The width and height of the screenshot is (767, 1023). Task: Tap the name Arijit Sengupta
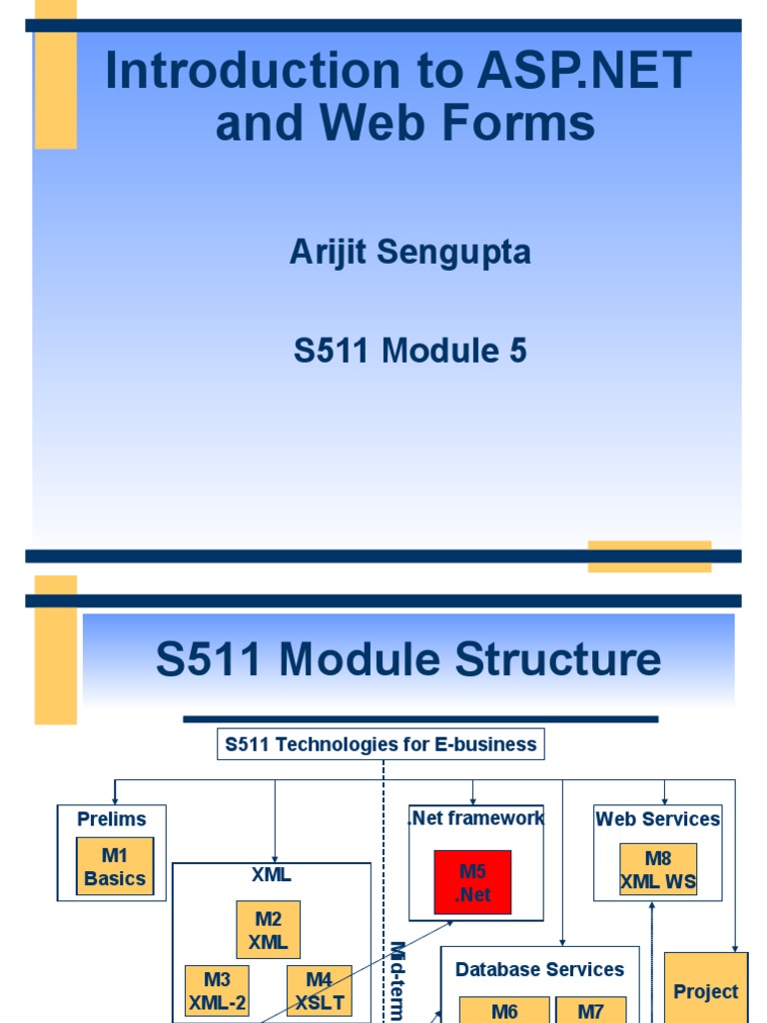coord(409,253)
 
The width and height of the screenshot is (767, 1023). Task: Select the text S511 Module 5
coord(409,351)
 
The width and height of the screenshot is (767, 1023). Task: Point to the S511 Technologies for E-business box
coord(381,744)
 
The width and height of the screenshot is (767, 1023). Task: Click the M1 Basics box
coord(115,866)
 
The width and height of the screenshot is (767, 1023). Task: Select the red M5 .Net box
coord(472,882)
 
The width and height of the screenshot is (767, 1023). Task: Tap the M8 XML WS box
coord(658,869)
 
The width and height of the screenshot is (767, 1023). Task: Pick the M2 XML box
coord(269,929)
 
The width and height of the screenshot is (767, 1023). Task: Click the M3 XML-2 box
coord(218,990)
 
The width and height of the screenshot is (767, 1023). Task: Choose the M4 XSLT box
coord(319,990)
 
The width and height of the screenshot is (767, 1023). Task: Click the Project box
coord(705,991)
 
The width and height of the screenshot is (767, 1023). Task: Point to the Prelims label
coord(112,819)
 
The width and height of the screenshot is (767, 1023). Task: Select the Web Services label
coord(657,819)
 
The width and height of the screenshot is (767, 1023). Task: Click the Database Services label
coord(539,969)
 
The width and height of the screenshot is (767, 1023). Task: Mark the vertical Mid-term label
coord(396,979)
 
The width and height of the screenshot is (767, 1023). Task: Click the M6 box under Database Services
coord(504,1010)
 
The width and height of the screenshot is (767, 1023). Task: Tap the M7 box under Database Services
coord(590,1010)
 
